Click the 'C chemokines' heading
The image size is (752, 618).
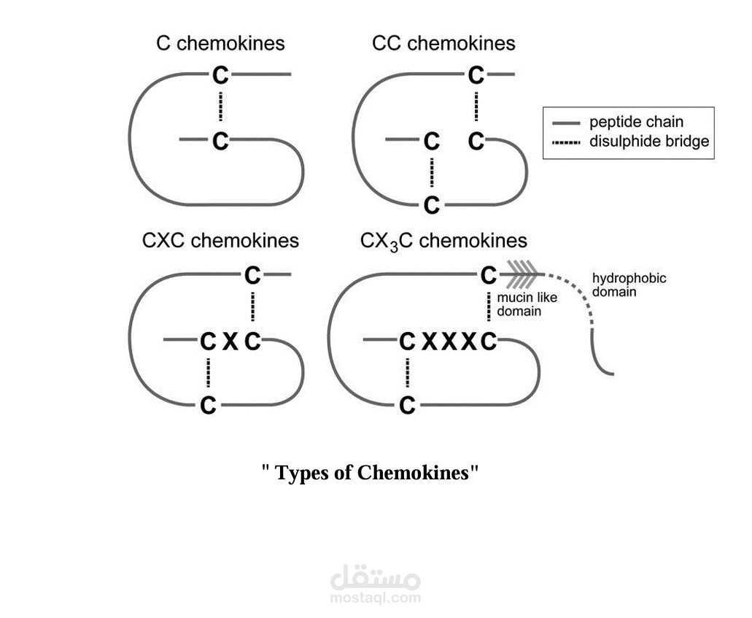220,43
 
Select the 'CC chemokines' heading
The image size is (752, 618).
443,43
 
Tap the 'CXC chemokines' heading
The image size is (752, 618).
220,240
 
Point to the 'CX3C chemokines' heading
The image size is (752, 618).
443,240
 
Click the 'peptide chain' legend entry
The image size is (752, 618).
636,122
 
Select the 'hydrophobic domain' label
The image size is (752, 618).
629,285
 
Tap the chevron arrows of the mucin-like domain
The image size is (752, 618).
522,275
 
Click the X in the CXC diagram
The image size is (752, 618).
230,341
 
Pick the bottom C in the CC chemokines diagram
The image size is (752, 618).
432,205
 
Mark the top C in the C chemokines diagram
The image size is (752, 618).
220,74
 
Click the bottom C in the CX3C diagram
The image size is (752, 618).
407,404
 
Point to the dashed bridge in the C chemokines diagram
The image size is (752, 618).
220,107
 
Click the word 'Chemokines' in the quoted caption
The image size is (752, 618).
412,473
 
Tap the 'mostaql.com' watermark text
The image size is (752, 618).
375,598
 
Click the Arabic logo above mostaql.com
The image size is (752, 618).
375,577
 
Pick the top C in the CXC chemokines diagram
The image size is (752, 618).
252,275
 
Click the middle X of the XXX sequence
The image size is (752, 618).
448,341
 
